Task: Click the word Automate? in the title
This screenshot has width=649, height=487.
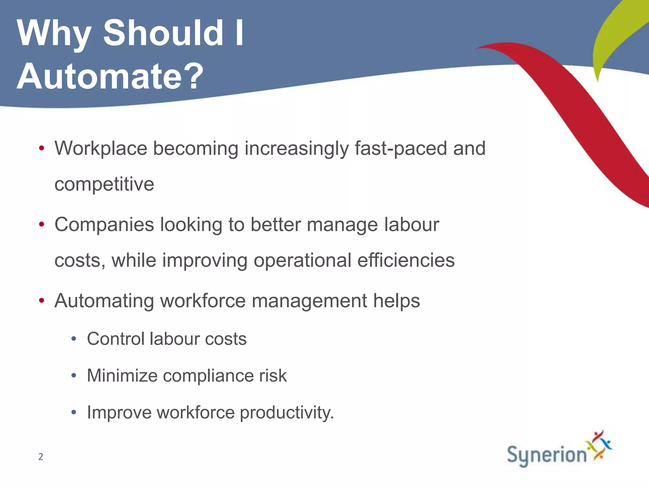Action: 110,76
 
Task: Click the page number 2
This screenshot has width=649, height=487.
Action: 41,457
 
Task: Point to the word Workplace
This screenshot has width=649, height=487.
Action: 101,148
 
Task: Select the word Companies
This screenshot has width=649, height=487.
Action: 104,225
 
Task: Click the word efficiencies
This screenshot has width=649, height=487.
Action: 406,260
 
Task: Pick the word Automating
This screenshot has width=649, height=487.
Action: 104,301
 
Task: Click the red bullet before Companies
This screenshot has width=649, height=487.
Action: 42,224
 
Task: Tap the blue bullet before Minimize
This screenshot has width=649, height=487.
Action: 74,376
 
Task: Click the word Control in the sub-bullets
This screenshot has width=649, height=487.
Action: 115,339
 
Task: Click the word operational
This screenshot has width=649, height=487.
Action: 302,260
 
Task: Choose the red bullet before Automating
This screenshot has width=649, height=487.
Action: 42,301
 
